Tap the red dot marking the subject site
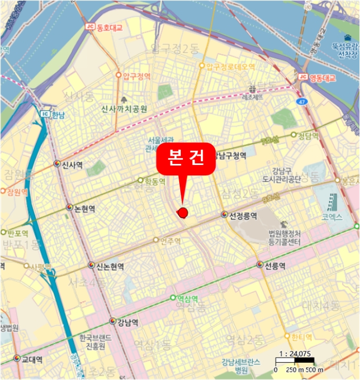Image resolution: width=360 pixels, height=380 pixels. [x=183, y=212]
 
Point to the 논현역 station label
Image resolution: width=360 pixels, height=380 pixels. [x=84, y=208]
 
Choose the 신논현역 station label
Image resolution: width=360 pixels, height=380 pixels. [x=110, y=266]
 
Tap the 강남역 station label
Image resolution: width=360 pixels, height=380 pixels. [x=128, y=322]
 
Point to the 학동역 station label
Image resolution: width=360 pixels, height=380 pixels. [x=155, y=180]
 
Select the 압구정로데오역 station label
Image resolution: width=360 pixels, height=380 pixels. [x=230, y=67]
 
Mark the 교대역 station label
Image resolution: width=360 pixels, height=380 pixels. [x=31, y=359]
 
